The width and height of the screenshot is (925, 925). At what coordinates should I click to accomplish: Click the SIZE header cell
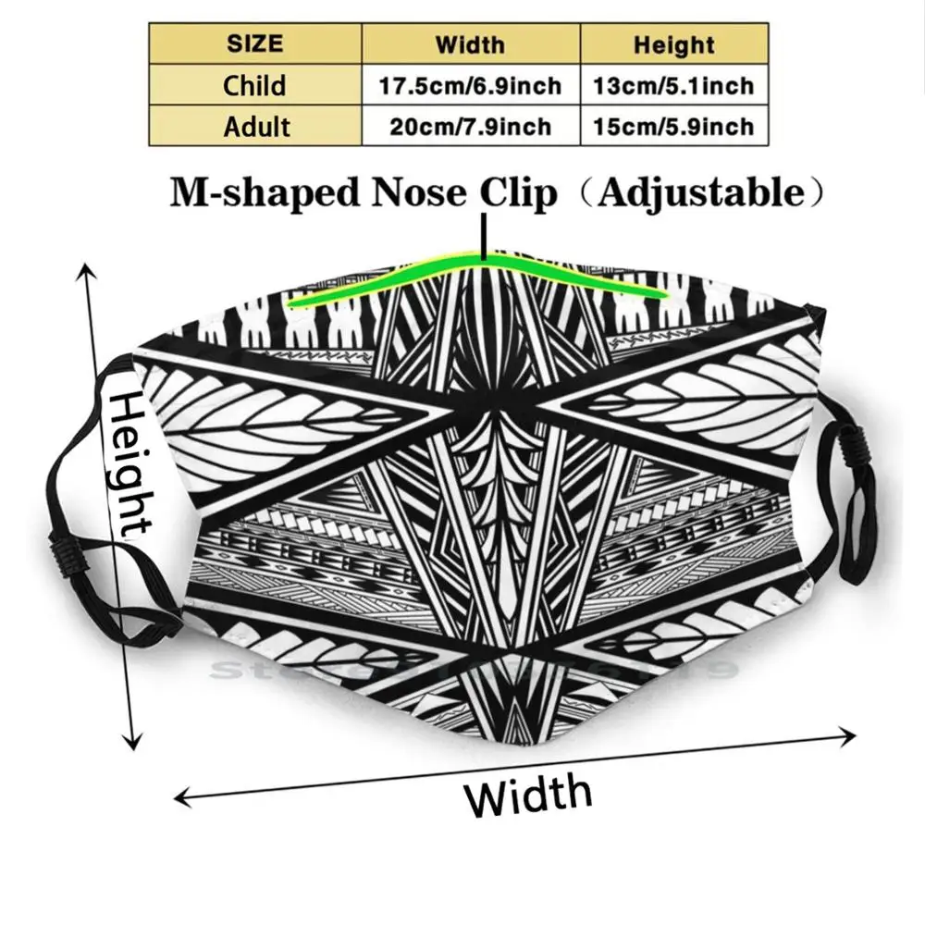point(255,44)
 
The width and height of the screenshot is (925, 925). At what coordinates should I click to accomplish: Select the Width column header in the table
point(471,44)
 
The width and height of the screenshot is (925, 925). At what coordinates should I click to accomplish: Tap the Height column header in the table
point(673,44)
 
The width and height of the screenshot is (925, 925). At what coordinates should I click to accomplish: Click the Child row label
point(255,85)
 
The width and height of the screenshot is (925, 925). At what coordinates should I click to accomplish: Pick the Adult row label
point(255,126)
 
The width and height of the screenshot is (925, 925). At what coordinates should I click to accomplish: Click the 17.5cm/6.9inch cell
point(471,86)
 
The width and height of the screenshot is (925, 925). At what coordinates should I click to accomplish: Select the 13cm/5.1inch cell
point(673,86)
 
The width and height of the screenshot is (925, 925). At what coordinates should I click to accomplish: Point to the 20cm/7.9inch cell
point(471,127)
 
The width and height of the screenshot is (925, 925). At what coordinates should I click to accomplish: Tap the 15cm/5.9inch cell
point(673,127)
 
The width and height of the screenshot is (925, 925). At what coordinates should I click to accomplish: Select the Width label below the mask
point(528,795)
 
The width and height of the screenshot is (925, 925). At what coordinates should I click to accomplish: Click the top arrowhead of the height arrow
point(88,270)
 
